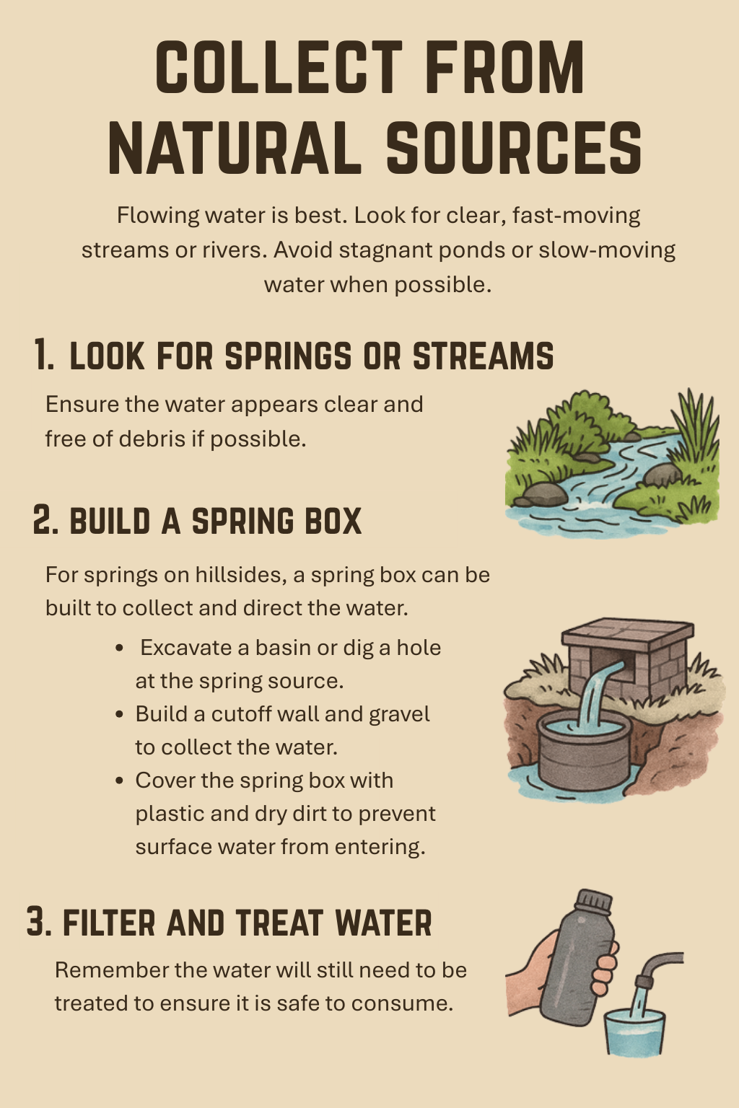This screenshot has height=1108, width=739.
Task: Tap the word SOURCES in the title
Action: [x=514, y=149]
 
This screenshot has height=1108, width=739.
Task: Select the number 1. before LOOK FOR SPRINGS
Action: [x=44, y=355]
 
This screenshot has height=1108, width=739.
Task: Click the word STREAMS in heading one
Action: [x=483, y=355]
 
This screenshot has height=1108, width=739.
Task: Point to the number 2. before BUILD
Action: [x=45, y=520]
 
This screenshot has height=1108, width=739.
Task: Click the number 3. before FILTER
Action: [x=39, y=921]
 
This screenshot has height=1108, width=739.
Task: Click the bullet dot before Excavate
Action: [x=119, y=648]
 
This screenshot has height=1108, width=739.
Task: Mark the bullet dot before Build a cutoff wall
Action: [x=119, y=715]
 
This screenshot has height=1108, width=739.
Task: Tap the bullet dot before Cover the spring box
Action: [x=119, y=781]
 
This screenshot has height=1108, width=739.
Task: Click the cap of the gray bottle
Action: [x=594, y=901]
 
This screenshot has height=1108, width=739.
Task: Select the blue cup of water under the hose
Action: [x=634, y=1032]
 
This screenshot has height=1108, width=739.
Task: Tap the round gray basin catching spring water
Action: [x=584, y=752]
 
